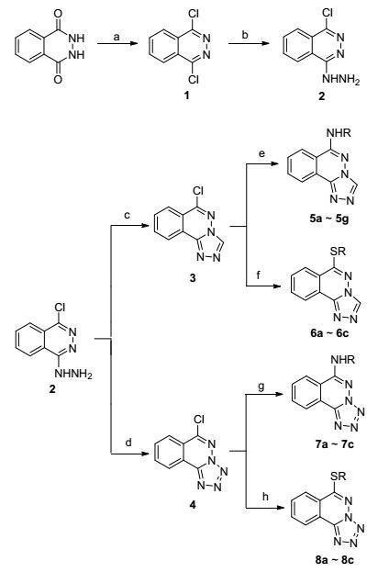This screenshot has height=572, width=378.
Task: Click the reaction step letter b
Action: click(245, 36)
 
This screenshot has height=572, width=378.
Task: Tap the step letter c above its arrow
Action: click(128, 216)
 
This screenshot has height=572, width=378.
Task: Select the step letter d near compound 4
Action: click(128, 443)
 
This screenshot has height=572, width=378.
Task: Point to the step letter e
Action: click(261, 153)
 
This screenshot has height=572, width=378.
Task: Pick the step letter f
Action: click(259, 275)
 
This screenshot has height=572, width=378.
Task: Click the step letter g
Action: click(261, 387)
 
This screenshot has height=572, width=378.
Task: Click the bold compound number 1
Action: click(187, 95)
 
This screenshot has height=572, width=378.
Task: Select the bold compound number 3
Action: click(192, 278)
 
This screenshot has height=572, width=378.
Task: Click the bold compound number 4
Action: click(192, 505)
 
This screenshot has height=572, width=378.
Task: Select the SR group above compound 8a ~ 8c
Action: click(338, 477)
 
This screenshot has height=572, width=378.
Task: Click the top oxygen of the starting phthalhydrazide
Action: click(58, 14)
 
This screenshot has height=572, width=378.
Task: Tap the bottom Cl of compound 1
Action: click(193, 79)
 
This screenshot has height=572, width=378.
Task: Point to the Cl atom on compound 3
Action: click(198, 191)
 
